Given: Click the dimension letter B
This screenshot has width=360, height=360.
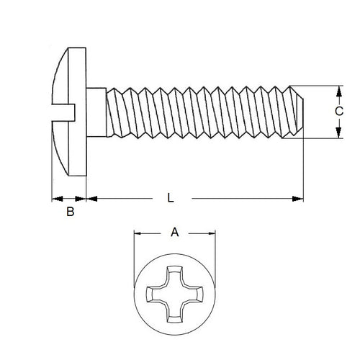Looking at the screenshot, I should pyautogui.click(x=70, y=212).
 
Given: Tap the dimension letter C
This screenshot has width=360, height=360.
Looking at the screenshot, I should pyautogui.click(x=338, y=112).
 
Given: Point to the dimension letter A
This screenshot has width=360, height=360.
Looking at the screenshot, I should pyautogui.click(x=174, y=232).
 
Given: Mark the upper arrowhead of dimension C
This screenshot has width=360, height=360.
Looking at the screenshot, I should pyautogui.click(x=338, y=90).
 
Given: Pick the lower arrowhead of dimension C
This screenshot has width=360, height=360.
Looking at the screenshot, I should pyautogui.click(x=338, y=134).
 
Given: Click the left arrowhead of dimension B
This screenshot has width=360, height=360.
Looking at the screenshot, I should pyautogui.click(x=55, y=199).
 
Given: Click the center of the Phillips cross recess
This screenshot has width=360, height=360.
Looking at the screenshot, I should pyautogui.click(x=175, y=295).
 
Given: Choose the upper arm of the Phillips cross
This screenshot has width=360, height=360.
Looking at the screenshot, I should pyautogui.click(x=175, y=277).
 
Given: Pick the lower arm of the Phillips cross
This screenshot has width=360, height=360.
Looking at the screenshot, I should pyautogui.click(x=175, y=313).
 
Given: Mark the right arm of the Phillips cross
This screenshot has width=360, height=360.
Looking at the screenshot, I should pyautogui.click(x=194, y=295).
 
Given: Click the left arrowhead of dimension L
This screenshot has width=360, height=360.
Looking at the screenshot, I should pyautogui.click(x=90, y=199).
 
